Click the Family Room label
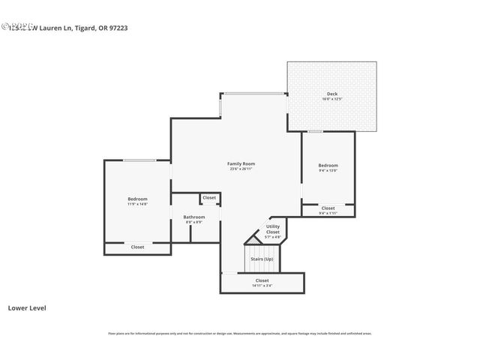click(x=241, y=163)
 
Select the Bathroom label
click(x=194, y=217)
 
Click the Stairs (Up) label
click(x=262, y=259)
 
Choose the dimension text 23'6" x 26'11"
click(x=241, y=169)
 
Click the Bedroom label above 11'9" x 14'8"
click(x=137, y=199)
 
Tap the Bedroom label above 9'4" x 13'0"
click(x=328, y=165)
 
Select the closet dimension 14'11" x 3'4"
click(x=262, y=285)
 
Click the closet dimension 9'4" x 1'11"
click(x=328, y=213)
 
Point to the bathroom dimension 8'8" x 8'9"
click(x=194, y=222)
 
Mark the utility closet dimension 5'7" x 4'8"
click(x=273, y=237)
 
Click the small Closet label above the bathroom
click(x=209, y=198)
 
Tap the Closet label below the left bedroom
click(x=137, y=247)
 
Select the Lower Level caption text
click(x=27, y=307)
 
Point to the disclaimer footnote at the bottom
click(x=240, y=334)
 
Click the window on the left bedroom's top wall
click(x=139, y=160)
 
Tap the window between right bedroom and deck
click(x=315, y=132)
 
